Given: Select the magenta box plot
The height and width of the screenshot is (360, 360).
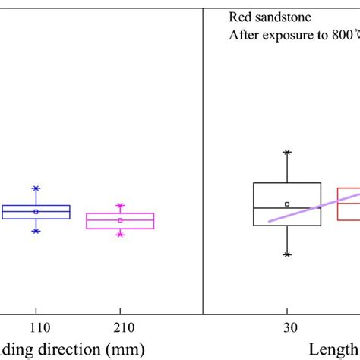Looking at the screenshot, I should (x=120, y=220).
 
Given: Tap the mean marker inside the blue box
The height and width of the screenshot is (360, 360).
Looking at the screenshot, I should (x=36, y=212).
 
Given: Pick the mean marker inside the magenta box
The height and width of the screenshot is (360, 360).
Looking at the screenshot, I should (x=120, y=220).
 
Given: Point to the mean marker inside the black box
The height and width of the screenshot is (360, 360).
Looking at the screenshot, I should (x=287, y=204).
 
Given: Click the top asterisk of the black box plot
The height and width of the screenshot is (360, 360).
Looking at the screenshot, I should (x=287, y=153).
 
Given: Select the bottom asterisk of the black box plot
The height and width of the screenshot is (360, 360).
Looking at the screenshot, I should (x=287, y=254).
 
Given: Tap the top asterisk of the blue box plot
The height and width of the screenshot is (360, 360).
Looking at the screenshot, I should (x=36, y=188).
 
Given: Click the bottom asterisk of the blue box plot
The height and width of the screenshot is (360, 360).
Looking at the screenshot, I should (x=36, y=230).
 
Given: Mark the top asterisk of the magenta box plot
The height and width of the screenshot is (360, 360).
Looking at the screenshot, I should (x=120, y=205).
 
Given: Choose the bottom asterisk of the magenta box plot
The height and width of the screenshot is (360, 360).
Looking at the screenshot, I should (x=120, y=235).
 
